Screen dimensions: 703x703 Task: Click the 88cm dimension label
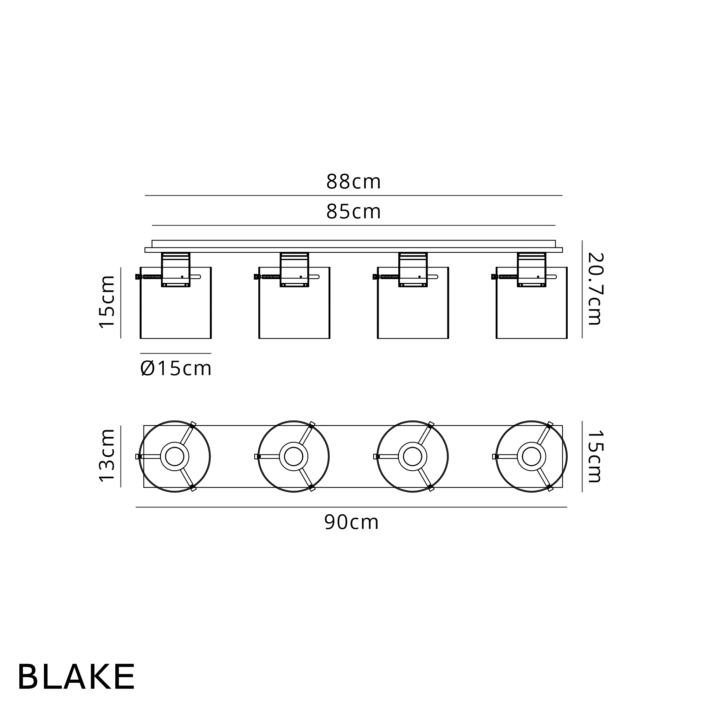click(353, 182)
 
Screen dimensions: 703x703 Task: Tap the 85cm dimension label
click(353, 211)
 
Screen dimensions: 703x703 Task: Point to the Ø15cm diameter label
click(176, 369)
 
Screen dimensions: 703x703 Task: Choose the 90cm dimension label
click(351, 523)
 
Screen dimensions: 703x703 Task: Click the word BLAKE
click(76, 676)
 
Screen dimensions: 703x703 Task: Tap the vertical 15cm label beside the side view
click(107, 302)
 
